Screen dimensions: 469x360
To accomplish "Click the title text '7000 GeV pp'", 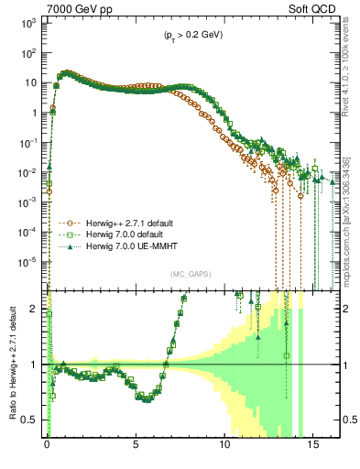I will (x=75, y=11).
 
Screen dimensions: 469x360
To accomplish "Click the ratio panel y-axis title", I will (x=12, y=366).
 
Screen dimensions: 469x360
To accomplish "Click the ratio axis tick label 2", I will (x=35, y=309).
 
